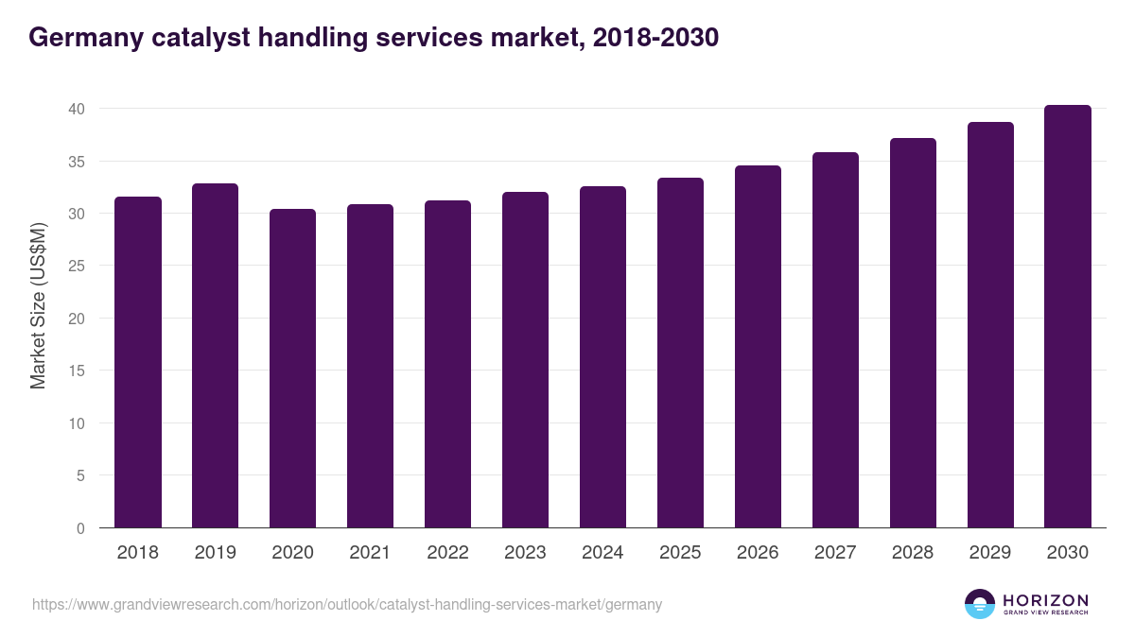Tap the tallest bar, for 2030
[x=1068, y=317]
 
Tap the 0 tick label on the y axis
[x=80, y=528]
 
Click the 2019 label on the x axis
[x=216, y=553]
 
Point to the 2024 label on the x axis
[x=602, y=553]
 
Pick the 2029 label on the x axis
[x=990, y=553]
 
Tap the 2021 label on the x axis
[x=371, y=553]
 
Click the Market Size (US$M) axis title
[x=38, y=305]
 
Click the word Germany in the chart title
[x=79, y=38]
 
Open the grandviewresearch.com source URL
[x=347, y=604]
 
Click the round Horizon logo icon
[x=980, y=604]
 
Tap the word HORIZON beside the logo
[x=1045, y=600]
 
